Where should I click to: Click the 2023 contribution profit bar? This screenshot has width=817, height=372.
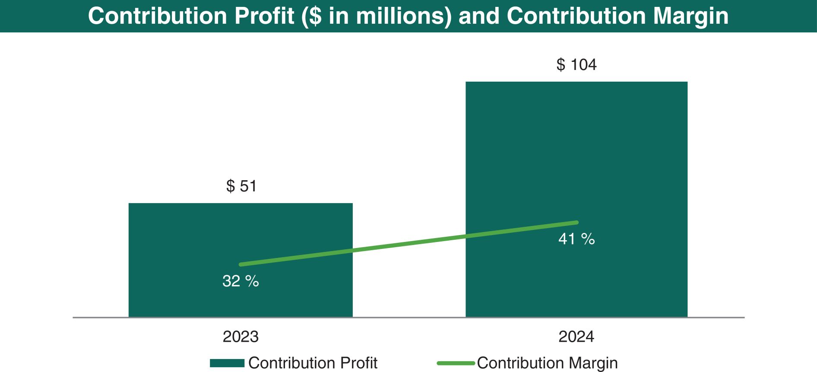point(241,233)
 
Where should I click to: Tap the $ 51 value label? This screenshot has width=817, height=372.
point(241,186)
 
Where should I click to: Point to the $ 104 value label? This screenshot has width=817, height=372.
point(576,65)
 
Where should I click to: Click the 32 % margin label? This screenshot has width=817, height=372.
point(241,281)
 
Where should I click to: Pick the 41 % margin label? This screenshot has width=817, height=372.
point(576,239)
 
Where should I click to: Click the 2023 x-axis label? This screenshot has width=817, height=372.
point(241,337)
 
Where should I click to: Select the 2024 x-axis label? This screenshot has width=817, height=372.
point(576,337)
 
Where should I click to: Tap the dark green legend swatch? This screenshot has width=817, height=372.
point(227,363)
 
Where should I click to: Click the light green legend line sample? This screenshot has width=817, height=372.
point(456,363)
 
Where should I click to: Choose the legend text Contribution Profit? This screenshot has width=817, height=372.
point(313,363)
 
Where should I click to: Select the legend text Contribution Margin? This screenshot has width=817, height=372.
point(547,363)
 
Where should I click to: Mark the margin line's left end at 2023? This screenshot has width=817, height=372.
point(241,264)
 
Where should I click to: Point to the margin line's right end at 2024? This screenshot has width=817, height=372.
point(576,223)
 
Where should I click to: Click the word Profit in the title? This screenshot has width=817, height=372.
point(264,16)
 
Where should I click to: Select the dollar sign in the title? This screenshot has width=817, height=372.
point(316,16)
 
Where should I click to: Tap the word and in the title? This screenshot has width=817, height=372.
point(479,16)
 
